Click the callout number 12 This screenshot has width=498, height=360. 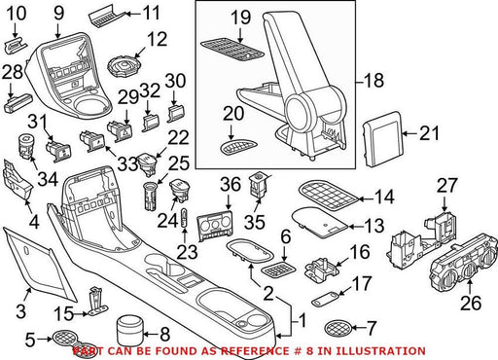point(157,39)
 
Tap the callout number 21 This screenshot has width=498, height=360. point(430,133)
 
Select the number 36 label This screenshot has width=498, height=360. point(231,184)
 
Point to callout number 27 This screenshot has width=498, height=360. point(446,185)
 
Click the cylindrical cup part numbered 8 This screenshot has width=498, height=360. point(129,332)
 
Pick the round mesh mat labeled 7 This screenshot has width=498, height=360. point(338,328)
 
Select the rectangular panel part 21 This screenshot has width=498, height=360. point(382,139)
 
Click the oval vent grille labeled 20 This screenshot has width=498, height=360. point(239,149)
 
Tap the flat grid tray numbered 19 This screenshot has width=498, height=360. point(232,52)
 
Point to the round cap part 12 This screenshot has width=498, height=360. point(124,66)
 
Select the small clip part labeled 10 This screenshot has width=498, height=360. point(16,46)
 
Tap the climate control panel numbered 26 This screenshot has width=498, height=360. point(464,265)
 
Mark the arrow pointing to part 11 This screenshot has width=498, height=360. point(134,14)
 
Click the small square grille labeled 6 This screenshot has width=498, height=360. point(278,270)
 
